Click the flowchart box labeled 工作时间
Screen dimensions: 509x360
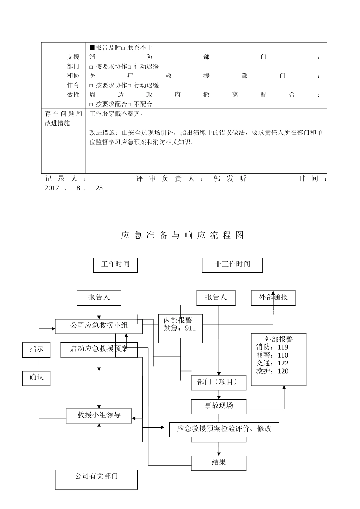[x=115, y=265]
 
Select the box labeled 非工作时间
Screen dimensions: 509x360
[x=232, y=265]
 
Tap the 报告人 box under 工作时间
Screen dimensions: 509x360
[x=99, y=298]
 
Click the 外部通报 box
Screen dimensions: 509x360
[x=273, y=298]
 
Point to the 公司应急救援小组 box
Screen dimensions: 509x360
[x=99, y=326]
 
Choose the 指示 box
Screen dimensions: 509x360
[x=36, y=349]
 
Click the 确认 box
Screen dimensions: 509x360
[x=36, y=378]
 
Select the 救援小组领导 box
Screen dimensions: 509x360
[x=99, y=415]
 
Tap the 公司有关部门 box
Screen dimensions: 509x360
[x=96, y=479]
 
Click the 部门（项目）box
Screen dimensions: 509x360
[x=219, y=383]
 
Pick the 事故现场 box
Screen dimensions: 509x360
[x=219, y=406]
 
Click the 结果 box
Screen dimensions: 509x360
[x=219, y=463]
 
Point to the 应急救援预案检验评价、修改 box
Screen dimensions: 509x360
[x=224, y=429]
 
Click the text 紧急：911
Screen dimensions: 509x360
[x=180, y=328]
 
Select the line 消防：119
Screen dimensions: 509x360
[x=272, y=347]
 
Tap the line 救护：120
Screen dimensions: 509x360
[x=272, y=371]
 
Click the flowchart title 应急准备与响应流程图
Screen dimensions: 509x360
[x=182, y=235]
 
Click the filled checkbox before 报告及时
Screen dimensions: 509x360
[x=92, y=47]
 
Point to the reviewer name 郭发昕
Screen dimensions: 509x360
[x=230, y=179]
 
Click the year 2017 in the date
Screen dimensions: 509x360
[x=52, y=188]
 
